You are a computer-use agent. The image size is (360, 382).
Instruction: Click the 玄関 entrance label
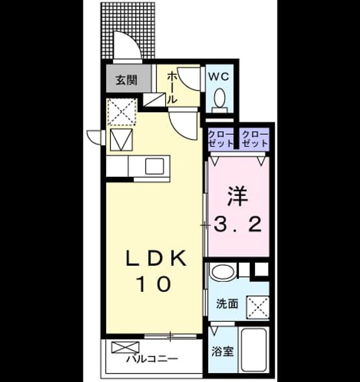126,79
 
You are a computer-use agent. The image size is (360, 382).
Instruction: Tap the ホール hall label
171,88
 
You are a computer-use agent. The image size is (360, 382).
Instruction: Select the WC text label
219,77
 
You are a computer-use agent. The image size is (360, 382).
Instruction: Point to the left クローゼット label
220,139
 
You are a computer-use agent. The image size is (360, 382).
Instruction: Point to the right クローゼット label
255,139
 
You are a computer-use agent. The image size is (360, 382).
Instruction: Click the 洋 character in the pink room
238,196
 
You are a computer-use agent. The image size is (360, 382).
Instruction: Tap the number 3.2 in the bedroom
238,224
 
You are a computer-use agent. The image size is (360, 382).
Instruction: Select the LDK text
156,258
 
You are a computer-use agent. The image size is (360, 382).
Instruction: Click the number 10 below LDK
155,284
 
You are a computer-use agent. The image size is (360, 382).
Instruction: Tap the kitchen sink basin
155,166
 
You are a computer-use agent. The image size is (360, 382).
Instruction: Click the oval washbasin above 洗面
223,272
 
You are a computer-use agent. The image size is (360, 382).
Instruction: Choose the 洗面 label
227,304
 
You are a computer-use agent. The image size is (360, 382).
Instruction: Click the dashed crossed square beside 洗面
258,307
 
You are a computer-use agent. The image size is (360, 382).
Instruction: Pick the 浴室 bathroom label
222,352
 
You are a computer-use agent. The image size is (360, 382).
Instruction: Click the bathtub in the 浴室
254,350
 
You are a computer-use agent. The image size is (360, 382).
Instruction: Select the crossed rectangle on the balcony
125,347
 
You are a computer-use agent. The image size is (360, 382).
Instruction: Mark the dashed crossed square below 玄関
122,112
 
